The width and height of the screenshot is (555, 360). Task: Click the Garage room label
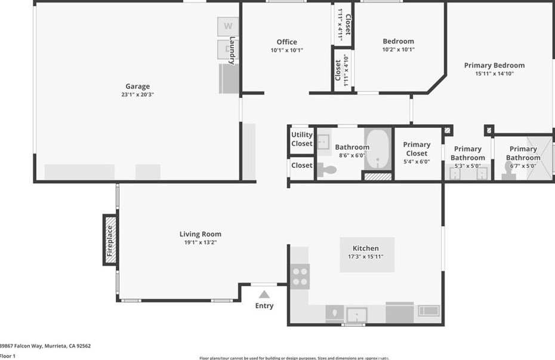point(137,86)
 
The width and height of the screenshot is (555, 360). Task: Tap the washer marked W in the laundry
point(227,26)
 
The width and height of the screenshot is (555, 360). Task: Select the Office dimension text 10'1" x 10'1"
point(286,50)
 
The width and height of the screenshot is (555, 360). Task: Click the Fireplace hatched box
point(110,239)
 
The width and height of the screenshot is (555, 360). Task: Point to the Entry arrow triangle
point(264,294)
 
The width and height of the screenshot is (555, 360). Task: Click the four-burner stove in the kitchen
point(300,276)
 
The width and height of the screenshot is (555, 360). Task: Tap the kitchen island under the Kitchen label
point(366,255)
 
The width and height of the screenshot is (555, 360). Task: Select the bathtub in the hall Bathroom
point(377,149)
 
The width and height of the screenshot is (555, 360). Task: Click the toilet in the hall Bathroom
point(326,170)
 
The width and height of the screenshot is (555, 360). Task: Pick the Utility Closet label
point(301,139)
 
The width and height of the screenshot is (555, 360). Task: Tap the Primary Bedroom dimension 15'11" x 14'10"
point(494,73)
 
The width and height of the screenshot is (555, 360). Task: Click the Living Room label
point(201,234)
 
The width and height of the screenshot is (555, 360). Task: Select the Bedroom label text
point(398,41)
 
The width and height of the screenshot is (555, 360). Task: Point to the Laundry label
point(232,50)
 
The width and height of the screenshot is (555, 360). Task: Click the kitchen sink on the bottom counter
point(357,314)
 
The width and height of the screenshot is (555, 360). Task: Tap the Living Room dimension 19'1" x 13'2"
point(201,242)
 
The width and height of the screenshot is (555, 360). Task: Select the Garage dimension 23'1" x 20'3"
point(137,94)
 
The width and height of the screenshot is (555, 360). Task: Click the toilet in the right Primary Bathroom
point(510,171)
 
